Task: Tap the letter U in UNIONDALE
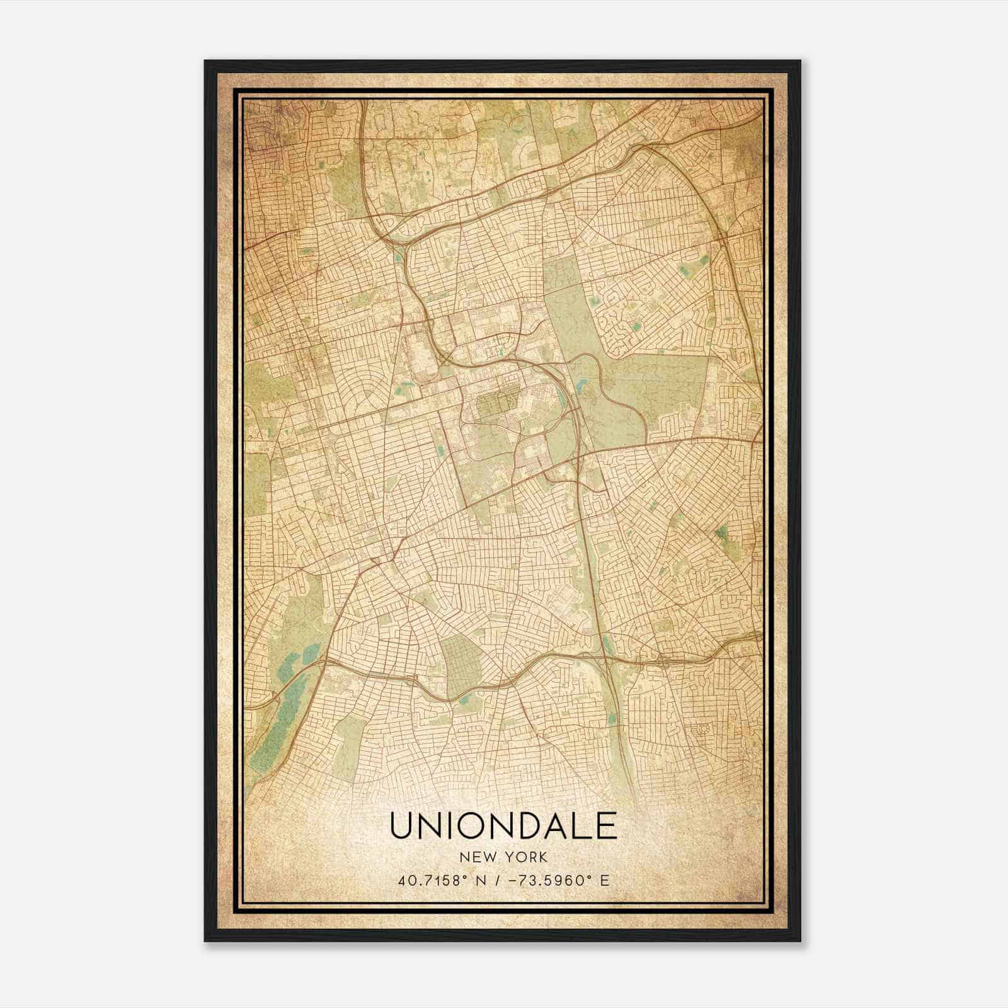point(403,825)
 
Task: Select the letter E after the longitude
point(605,880)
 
